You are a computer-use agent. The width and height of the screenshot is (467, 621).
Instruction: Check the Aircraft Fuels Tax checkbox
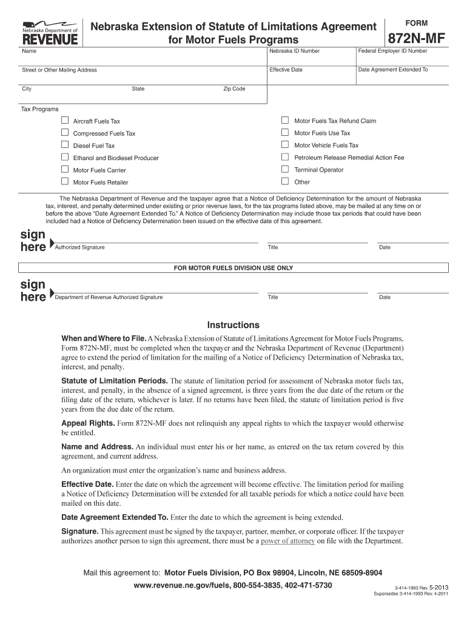[x=65, y=121]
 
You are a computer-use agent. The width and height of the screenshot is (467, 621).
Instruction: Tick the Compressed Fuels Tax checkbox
[x=65, y=133]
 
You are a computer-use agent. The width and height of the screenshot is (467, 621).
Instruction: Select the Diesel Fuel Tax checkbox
[x=65, y=145]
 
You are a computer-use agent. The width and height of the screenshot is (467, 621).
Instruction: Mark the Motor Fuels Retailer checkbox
[x=65, y=181]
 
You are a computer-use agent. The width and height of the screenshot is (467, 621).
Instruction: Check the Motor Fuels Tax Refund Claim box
[x=285, y=120]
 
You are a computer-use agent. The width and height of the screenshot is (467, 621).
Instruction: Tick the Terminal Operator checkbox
[x=285, y=169]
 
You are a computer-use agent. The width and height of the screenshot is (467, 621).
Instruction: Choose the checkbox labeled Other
[x=285, y=181]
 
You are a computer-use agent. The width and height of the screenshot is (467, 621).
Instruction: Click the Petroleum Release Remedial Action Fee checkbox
[x=285, y=157]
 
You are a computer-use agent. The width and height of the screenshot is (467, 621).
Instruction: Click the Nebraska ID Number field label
[x=294, y=51]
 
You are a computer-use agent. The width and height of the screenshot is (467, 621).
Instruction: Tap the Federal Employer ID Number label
[x=392, y=51]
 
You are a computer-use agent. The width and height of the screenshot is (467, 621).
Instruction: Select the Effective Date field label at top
[x=286, y=70]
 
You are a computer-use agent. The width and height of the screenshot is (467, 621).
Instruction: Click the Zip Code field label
[x=234, y=89]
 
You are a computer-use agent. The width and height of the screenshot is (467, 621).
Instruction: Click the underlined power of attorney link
[x=287, y=541]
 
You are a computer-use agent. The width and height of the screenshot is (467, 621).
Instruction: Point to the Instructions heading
[x=233, y=325]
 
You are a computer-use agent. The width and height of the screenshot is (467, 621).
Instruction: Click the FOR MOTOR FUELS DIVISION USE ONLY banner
[x=233, y=267]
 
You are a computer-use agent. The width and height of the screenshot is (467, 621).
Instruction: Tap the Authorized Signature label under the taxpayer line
[x=79, y=247]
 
